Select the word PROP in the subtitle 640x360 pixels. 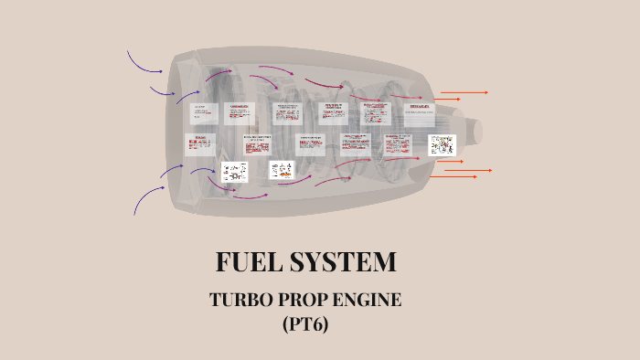pos(305,300)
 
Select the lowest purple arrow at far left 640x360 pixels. pos(147,199)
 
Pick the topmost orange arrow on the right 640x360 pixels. pos(464,92)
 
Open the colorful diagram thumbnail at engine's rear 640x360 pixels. pos(443,145)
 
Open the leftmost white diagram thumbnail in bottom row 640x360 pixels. pos(234,172)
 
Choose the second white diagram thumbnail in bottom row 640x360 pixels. pos(282,170)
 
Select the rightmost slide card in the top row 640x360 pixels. pos(421,113)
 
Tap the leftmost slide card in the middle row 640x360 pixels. pos(200,144)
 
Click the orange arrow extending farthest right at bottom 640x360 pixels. pos(477,170)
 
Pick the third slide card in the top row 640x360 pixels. pos(288,112)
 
